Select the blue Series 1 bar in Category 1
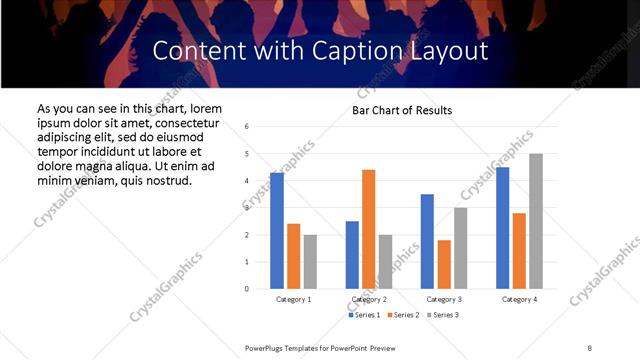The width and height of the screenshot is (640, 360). [277, 231]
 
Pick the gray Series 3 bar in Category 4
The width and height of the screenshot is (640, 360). [536, 221]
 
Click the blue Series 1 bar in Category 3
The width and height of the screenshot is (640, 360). [427, 241]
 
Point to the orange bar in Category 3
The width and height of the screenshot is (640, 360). [443, 264]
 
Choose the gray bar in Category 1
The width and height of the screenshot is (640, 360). [310, 262]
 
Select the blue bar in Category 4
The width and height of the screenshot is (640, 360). [502, 228]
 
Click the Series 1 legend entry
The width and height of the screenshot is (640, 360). [363, 315]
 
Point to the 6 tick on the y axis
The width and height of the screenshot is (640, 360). [246, 127]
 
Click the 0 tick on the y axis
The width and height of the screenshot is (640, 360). [246, 289]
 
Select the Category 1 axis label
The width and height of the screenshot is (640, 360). [294, 300]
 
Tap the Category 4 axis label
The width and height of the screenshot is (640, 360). [519, 300]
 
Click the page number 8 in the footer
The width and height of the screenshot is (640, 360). [589, 347]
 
